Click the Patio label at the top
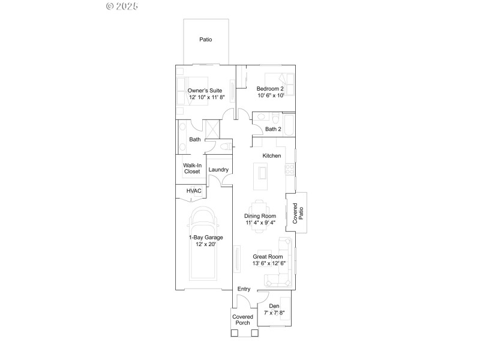[206, 40]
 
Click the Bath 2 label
[273, 129]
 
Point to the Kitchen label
[272, 156]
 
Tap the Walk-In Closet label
[192, 168]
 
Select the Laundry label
[218, 170]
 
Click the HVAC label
[194, 191]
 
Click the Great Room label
[268, 257]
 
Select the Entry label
[244, 289]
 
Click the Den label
[274, 307]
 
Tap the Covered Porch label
[243, 320]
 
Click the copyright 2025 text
[122, 7]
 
